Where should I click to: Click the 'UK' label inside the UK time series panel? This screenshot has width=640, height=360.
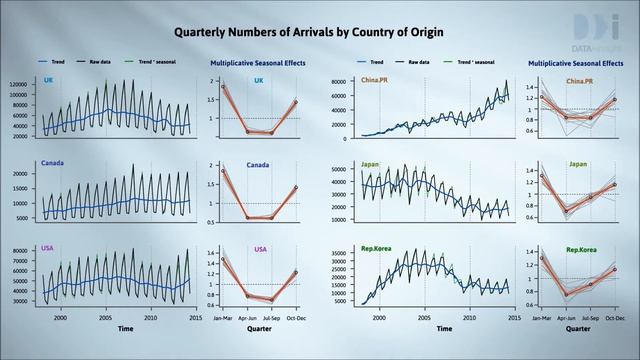(x=48, y=80)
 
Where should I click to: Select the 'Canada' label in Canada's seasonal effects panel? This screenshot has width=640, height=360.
(x=259, y=165)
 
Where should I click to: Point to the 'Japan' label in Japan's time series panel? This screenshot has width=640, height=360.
(x=343, y=165)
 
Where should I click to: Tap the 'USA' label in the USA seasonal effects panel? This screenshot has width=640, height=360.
(x=259, y=250)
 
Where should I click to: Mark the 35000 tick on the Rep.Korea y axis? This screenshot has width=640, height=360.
(x=337, y=253)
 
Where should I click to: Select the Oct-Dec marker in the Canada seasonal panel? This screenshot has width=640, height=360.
(x=295, y=187)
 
